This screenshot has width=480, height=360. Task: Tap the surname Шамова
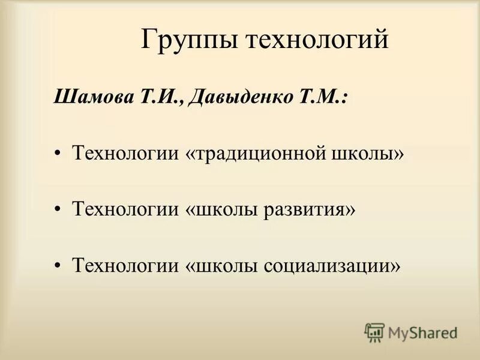[x=90, y=98]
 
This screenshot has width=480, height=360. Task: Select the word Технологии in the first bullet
[x=125, y=155]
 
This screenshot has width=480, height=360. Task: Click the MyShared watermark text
[x=422, y=332]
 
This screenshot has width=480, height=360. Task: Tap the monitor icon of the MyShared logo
[x=374, y=332]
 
